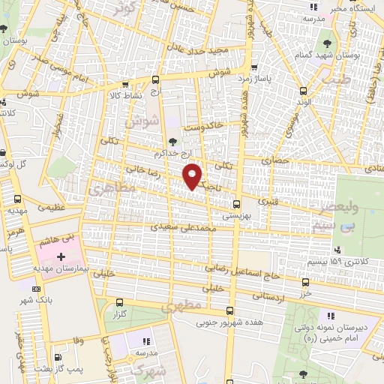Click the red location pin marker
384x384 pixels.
pyautogui.click(x=193, y=175)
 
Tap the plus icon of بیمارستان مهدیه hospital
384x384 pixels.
pyautogui.click(x=61, y=256)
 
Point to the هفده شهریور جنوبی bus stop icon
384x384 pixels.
pyautogui.click(x=230, y=312)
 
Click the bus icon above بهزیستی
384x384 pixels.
pyautogui.click(x=237, y=203)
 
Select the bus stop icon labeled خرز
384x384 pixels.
pyautogui.click(x=304, y=283)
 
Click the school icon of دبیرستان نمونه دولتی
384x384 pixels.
pyautogui.click(x=331, y=318)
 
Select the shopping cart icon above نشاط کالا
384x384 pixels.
pyautogui.click(x=124, y=84)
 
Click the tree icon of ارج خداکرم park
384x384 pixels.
pyautogui.click(x=173, y=141)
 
